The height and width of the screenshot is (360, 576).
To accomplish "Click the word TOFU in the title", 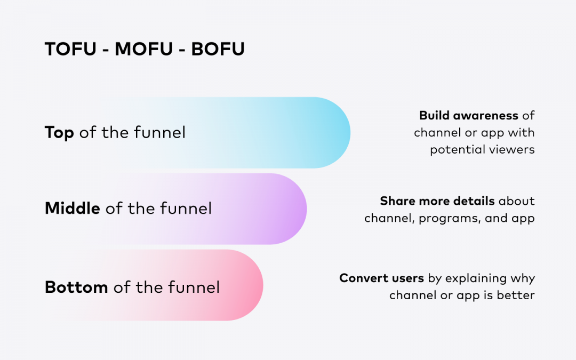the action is pyautogui.click(x=70, y=49).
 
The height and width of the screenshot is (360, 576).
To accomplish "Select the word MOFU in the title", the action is pyautogui.click(x=143, y=49).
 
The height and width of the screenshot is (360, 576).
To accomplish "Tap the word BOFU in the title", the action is pyautogui.click(x=218, y=49).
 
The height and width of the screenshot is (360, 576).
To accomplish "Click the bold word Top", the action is pyautogui.click(x=59, y=133).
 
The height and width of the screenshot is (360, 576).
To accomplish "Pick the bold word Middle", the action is pyautogui.click(x=73, y=209).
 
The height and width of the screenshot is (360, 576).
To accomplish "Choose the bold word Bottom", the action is pyautogui.click(x=76, y=287).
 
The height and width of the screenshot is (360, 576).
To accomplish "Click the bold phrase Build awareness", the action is pyautogui.click(x=469, y=116).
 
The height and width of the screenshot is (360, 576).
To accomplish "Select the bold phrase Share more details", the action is pyautogui.click(x=437, y=201).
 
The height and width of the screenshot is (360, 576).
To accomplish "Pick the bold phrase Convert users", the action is pyautogui.click(x=382, y=278).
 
